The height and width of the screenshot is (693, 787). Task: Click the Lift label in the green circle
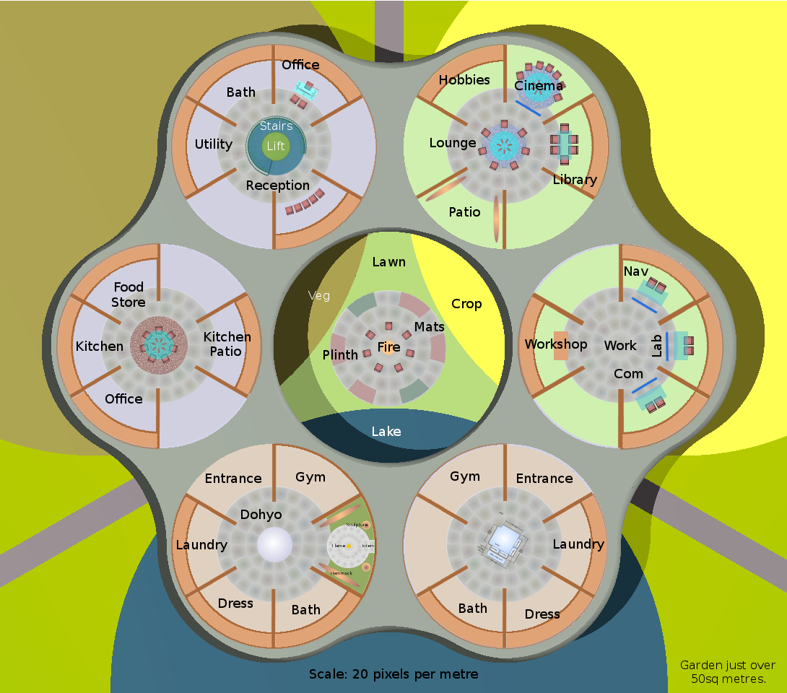276,146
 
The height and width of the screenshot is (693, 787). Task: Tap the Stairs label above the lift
276,126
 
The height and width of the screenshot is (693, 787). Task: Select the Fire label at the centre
388,347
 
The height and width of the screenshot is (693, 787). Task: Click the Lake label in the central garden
386,432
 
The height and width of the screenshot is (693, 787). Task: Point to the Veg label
319,295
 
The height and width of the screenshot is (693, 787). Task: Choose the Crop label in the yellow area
466,304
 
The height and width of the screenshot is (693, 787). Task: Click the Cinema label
538,86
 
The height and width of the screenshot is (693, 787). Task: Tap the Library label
575,180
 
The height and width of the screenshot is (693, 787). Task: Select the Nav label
635,271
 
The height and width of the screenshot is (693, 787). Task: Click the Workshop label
555,344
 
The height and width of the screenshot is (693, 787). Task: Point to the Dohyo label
261,515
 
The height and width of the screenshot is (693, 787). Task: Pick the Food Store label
129,295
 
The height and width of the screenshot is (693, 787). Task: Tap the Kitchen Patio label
227,344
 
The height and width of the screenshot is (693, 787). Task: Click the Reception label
277,186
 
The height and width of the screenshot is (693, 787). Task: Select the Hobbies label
464,80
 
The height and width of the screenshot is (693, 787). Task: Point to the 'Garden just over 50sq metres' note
728,672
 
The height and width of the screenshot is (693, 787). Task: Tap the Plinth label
340,354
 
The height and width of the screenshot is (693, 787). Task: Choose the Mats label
429,327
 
